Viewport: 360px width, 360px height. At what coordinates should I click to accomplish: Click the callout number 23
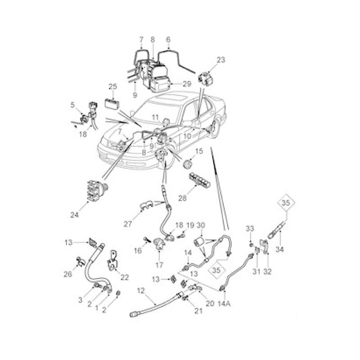pos(221,60)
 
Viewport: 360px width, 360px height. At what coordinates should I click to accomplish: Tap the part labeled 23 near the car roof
pos(206,79)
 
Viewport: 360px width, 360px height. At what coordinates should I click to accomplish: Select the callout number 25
pos(113,86)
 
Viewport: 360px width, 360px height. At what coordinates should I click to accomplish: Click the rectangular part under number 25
pos(112,104)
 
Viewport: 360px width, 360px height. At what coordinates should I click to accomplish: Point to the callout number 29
pos(187,84)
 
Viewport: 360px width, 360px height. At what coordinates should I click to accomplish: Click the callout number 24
pos(74,215)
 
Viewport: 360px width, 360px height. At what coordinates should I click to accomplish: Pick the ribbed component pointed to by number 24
pos(97,189)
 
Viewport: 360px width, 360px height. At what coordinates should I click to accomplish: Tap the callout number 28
pos(183,198)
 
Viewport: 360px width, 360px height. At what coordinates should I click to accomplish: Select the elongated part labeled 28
pos(199,180)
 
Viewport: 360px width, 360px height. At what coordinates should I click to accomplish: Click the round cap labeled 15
pos(188,165)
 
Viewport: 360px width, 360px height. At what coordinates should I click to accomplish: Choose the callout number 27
pos(128,224)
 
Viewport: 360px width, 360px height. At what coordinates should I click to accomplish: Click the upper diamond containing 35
pos(286,203)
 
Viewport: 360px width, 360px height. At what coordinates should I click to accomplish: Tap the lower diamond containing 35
pos(216,270)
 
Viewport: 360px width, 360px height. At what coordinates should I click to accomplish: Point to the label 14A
pos(224,304)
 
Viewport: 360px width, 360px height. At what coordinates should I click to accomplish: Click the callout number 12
pos(141,291)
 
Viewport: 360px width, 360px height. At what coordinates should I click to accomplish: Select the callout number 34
pos(279,249)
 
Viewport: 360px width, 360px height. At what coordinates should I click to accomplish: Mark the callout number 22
pos(125,277)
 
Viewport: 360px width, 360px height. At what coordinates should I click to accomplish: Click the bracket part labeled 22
pos(112,261)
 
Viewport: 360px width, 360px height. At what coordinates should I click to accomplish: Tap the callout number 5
pos(72,105)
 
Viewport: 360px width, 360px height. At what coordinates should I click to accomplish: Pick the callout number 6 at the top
pos(168,40)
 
